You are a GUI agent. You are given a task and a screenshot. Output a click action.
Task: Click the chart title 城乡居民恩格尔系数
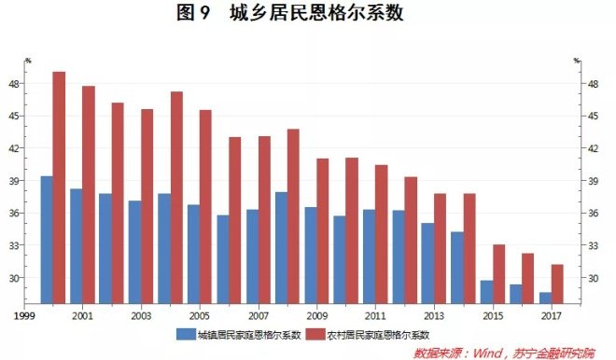[x=316, y=12]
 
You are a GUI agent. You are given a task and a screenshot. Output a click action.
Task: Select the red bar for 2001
[x=89, y=195]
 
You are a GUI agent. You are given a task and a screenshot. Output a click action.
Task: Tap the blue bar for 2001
[x=77, y=246]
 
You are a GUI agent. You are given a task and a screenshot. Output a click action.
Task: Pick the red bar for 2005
[x=205, y=207]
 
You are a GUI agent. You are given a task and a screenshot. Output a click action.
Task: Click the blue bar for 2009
[x=311, y=256]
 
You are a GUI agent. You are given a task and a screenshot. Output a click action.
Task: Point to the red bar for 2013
[x=440, y=248]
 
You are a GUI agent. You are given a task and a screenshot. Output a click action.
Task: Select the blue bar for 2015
[x=487, y=292]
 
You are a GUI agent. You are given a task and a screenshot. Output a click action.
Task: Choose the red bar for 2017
[x=557, y=284]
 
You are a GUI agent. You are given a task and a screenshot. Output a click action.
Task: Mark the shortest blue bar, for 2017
[x=545, y=298]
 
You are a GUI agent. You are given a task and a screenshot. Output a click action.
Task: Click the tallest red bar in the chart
[x=59, y=187]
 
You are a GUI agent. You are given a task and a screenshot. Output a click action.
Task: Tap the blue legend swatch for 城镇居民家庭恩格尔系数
[x=186, y=335]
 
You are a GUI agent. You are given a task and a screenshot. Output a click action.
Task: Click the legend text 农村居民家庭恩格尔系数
[x=378, y=335]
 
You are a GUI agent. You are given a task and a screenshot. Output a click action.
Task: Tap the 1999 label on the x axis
[x=24, y=315]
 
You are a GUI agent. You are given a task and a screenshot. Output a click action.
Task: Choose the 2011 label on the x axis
[x=375, y=315]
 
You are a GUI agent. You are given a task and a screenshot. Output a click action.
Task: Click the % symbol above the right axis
[x=577, y=61]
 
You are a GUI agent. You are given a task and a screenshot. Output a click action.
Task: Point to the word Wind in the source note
[x=487, y=353]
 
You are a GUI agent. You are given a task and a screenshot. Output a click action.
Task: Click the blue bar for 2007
[x=252, y=256]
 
